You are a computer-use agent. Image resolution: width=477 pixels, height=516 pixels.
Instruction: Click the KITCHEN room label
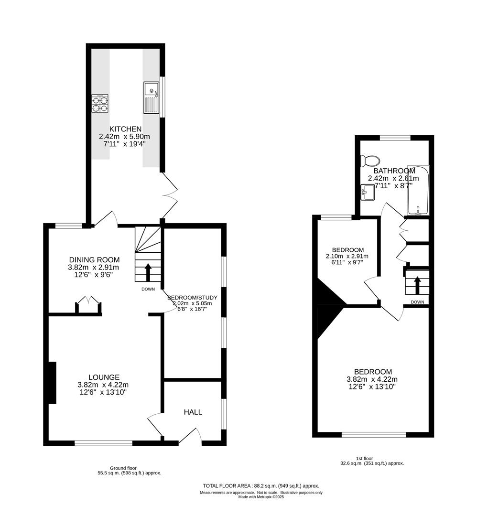click(x=125, y=129)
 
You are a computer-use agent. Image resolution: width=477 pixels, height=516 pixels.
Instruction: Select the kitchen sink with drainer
click(x=151, y=97)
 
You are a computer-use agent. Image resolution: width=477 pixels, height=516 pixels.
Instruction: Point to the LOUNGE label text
click(x=104, y=377)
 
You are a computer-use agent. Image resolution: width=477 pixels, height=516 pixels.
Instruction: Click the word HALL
click(x=193, y=412)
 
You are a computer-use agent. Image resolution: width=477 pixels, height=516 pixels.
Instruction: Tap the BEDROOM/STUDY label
click(x=192, y=297)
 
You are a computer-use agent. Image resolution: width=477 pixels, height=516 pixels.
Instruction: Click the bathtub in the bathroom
click(x=418, y=191)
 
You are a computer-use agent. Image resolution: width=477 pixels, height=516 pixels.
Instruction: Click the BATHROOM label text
click(x=394, y=171)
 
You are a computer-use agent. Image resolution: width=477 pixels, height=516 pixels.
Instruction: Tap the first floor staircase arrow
click(x=416, y=285)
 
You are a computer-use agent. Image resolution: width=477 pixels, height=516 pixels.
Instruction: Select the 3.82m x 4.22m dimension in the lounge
click(x=104, y=385)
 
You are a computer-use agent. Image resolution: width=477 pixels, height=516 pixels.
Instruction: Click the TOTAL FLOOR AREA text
click(x=261, y=485)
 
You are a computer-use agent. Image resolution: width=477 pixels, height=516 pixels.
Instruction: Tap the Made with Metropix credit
click(x=261, y=497)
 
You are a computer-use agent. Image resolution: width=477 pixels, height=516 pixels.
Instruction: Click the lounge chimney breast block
click(x=52, y=382)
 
